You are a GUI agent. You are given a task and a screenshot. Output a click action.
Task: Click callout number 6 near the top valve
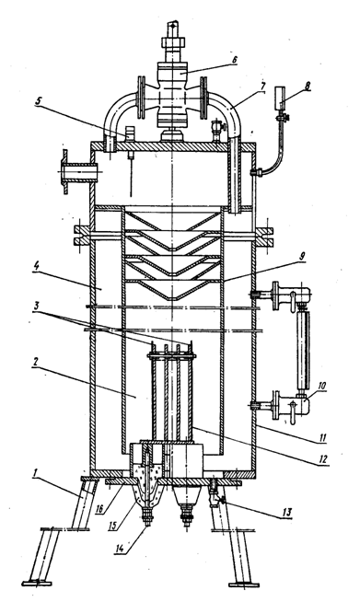235,60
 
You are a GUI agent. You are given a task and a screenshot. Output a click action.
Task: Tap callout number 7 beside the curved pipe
262,87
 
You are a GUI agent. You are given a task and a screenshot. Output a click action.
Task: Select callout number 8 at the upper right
307,86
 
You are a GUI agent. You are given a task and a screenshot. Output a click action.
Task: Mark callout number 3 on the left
36,307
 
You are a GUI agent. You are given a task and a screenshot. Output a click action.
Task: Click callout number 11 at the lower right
322,437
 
